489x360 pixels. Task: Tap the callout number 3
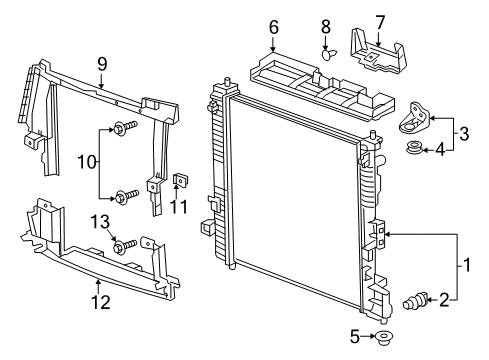pyautogui.click(x=463, y=133)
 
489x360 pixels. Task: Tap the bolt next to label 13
pyautogui.click(x=121, y=246)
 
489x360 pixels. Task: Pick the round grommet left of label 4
pyautogui.click(x=412, y=150)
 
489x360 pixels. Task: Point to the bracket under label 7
pyautogui.click(x=379, y=51)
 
